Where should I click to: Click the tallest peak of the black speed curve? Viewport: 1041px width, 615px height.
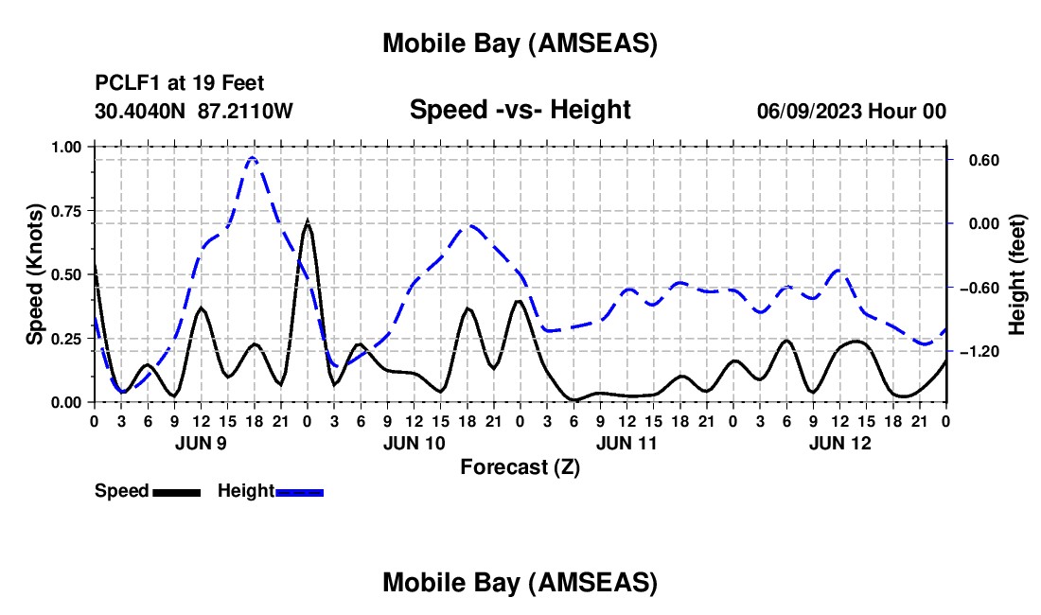coord(307,222)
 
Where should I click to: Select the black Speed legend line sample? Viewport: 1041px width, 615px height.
coord(175,491)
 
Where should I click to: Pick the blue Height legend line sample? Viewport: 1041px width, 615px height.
coord(299,491)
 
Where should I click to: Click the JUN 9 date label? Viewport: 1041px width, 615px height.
coord(201,443)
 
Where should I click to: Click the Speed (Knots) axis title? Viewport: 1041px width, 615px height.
coord(35,274)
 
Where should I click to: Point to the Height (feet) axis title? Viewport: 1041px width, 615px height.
coord(1017,274)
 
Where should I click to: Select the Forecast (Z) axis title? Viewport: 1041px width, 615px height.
coord(520,466)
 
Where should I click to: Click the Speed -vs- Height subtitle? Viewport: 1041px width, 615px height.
coord(520,110)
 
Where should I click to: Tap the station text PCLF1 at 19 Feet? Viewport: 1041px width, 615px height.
coord(180,84)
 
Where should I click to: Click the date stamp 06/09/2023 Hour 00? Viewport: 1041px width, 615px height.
coord(851,111)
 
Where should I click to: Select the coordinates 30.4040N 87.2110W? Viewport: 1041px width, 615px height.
coord(194,111)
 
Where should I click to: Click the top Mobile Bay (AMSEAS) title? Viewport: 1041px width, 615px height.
coord(520,43)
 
